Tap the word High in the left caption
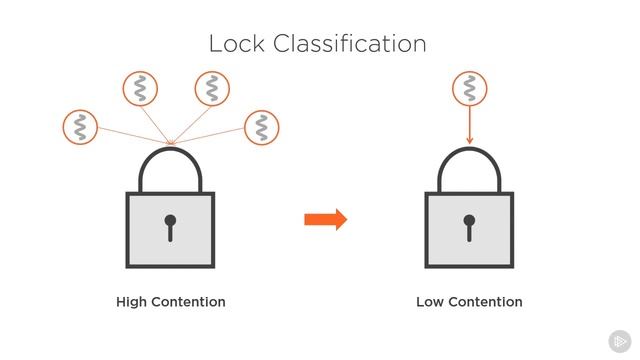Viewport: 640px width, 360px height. pos(133,302)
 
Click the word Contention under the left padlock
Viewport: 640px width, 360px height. pos(188,302)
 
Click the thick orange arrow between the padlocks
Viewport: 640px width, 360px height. pos(325,219)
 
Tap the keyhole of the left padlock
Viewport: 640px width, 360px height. pos(170,227)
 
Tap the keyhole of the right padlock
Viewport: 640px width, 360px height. pos(469,227)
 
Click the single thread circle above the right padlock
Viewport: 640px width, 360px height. pos(469,89)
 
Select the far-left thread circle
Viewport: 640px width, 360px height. pos(79,127)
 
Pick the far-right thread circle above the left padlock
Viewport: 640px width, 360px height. pos(261,127)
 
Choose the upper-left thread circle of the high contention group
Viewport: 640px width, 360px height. pos(139,88)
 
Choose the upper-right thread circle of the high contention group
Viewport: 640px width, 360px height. pos(211,88)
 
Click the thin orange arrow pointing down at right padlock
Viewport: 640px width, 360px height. pos(469,125)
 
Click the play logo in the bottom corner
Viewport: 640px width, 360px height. pos(619,339)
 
